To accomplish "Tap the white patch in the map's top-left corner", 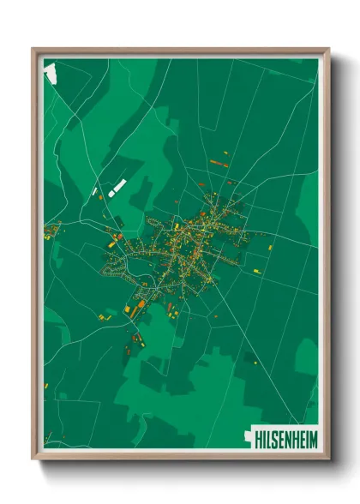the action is tap(50, 72).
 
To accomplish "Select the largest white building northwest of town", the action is tap(118, 186).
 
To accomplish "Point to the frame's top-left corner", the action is tap(33, 49).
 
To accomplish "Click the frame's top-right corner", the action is tap(328, 49).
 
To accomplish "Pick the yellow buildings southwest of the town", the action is tap(104, 316).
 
